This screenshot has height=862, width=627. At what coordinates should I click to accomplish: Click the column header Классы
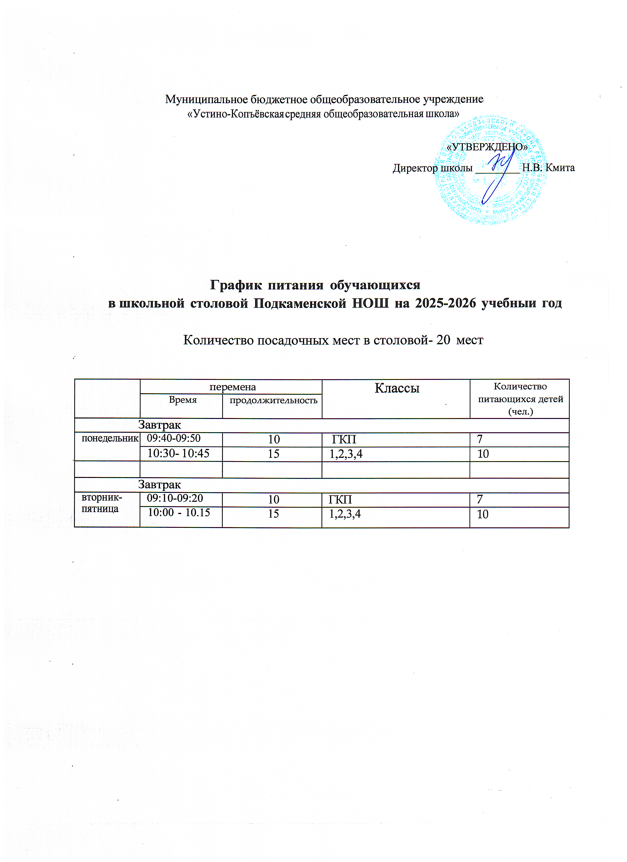(397, 388)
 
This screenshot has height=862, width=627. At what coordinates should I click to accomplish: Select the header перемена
(232, 387)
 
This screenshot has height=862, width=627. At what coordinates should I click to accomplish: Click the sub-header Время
(183, 400)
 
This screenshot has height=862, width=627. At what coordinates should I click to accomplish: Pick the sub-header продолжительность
(273, 400)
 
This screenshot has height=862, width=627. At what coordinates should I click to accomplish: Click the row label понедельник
(110, 438)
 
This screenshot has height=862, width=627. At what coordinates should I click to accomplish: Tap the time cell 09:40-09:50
(174, 438)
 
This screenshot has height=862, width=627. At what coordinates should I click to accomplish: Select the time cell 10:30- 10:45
(178, 453)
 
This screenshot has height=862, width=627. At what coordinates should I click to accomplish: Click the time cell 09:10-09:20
(175, 498)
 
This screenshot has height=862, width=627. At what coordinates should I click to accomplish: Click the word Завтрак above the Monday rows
(159, 425)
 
